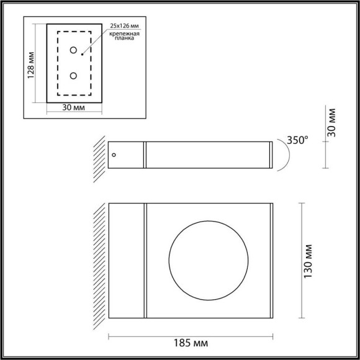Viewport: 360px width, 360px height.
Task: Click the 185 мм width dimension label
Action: [190, 343]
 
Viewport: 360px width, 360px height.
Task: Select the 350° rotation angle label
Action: [295, 140]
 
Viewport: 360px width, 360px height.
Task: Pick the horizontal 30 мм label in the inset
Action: [74, 108]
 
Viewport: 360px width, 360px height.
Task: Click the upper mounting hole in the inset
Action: [73, 50]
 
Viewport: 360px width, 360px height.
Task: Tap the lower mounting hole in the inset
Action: [73, 76]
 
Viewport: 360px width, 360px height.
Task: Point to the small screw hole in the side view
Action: [113, 154]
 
